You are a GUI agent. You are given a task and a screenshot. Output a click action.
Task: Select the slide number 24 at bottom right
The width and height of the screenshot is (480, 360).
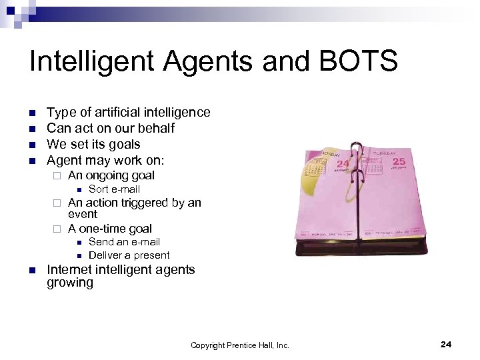pos(446,344)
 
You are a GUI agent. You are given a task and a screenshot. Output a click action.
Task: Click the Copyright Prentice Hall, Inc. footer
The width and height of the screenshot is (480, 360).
pos(240,345)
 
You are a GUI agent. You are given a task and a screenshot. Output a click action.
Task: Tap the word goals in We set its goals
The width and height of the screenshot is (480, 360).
pos(123,144)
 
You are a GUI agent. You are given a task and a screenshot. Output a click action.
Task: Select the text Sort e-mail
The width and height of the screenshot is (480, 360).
pos(114,189)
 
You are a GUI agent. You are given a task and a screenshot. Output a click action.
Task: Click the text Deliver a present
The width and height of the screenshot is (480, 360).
pos(129,255)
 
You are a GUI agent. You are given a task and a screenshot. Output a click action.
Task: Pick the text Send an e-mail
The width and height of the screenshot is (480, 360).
pos(124,242)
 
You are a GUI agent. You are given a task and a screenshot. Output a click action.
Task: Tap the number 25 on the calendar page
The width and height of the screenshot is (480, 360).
pos(399,161)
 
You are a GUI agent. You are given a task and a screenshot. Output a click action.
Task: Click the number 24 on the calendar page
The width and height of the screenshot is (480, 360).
pos(343,163)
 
